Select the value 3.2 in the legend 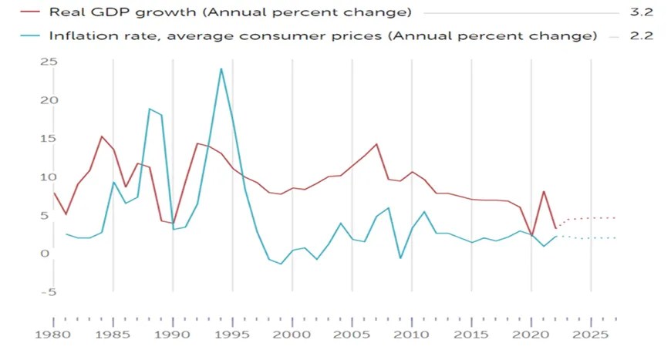click(642, 13)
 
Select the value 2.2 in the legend click(642, 36)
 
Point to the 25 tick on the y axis click(48, 62)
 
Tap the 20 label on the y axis click(48, 100)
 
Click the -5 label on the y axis click(48, 292)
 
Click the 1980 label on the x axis click(54, 338)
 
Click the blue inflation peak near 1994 click(221, 69)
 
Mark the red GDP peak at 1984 click(102, 136)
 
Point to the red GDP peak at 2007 click(376, 144)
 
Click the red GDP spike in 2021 click(544, 191)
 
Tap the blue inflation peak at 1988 click(150, 109)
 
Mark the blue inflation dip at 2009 click(400, 257)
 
